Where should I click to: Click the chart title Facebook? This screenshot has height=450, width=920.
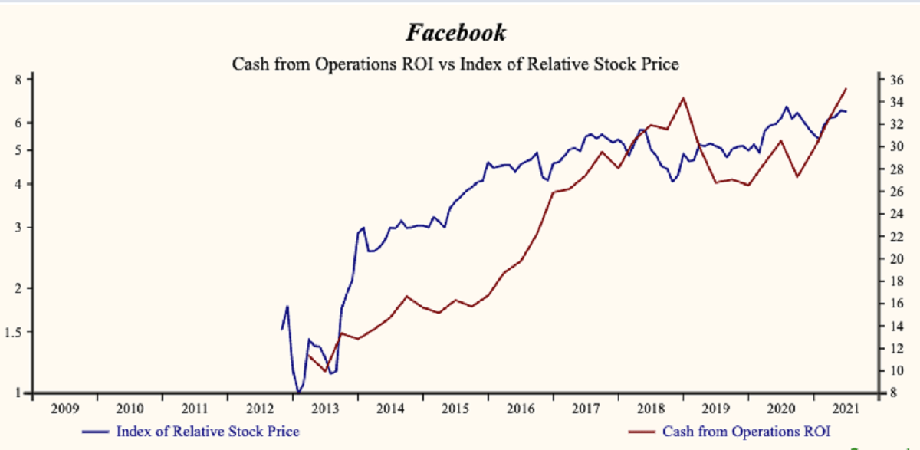455,33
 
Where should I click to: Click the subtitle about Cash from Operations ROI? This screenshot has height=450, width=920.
455,64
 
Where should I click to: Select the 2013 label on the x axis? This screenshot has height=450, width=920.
327,409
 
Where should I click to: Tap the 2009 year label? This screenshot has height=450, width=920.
64,409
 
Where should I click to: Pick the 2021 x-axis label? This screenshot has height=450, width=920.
846,409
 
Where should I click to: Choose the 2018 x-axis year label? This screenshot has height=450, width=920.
651,409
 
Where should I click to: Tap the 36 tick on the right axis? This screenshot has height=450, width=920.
895,80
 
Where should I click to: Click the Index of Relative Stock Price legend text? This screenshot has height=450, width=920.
208,432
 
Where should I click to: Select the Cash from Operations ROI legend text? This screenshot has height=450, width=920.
746,432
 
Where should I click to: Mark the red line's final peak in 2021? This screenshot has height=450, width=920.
846,89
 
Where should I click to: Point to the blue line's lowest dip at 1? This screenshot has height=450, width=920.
297,393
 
